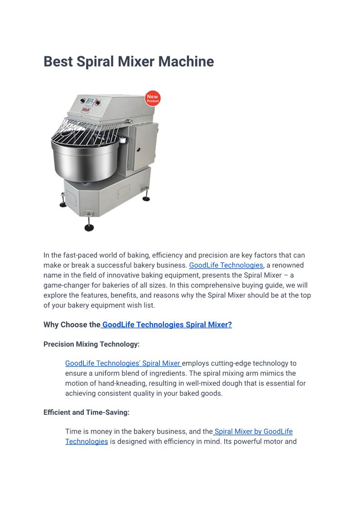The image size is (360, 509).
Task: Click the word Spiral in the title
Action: (94, 62)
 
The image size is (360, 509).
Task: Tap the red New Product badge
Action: (153, 98)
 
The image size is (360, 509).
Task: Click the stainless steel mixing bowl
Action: (84, 159)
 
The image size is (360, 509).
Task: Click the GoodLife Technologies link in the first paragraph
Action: (226, 265)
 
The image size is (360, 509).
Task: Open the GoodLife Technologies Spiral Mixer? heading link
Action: (167, 325)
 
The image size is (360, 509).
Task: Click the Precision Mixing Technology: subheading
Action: (91, 344)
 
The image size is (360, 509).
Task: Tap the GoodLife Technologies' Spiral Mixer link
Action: (123, 363)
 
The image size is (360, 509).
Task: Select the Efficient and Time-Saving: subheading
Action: (86, 412)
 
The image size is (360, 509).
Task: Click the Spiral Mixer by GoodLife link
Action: (254, 431)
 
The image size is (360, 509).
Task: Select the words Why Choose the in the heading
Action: (72, 325)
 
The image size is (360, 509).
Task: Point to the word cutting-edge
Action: (234, 363)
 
